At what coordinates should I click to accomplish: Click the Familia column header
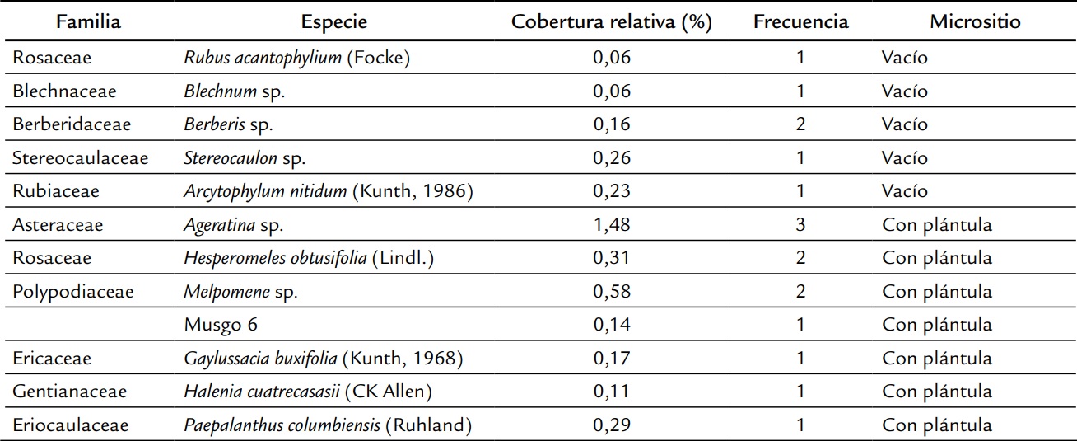point(88,22)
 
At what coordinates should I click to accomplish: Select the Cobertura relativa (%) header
point(611,22)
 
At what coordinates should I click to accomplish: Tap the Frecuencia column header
point(800,22)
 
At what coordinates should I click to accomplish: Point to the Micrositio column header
point(975,22)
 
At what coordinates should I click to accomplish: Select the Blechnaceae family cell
point(64,91)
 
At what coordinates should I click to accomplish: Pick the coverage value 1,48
point(612,225)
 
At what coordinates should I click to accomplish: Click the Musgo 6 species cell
point(221,325)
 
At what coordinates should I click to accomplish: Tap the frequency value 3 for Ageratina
point(800,225)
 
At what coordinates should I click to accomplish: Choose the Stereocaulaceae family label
point(80,158)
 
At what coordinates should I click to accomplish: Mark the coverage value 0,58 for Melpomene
point(612,292)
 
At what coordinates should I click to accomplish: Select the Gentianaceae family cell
point(69,392)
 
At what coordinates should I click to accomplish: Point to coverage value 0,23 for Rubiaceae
point(612,191)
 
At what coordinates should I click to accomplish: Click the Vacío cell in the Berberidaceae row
point(905,124)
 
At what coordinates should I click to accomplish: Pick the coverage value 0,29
point(612,425)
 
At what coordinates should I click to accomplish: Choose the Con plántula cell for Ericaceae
point(937,359)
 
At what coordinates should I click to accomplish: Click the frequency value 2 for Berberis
point(800,124)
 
